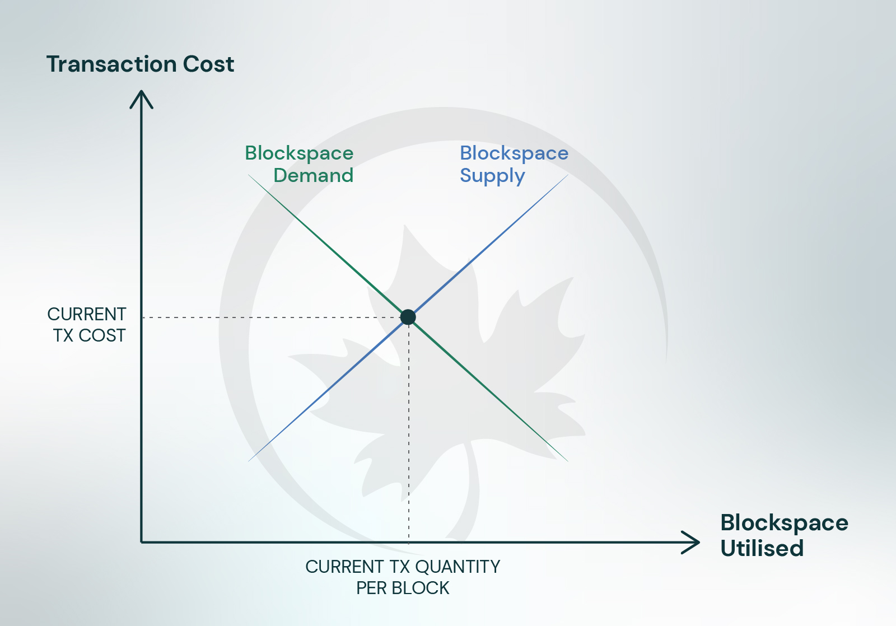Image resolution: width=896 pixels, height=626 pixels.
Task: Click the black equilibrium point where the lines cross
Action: tap(408, 317)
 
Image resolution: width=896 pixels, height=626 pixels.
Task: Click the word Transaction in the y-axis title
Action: tap(111, 64)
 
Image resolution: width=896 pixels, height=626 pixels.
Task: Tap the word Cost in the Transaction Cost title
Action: tap(208, 64)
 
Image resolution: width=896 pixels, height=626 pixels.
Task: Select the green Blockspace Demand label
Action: tap(299, 165)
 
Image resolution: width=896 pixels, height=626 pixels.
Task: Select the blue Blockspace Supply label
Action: tap(514, 165)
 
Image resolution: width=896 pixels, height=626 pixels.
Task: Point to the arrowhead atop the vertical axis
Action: tap(141, 99)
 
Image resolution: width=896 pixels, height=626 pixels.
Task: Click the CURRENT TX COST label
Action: tap(87, 325)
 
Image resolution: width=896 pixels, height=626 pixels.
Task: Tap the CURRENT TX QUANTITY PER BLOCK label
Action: tap(403, 577)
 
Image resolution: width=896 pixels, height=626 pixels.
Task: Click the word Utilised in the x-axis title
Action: tap(762, 548)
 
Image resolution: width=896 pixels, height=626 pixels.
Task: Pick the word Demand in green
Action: tap(313, 175)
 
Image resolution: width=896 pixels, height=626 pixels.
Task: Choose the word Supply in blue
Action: tap(492, 176)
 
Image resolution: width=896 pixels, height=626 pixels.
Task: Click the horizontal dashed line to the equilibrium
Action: tap(271, 317)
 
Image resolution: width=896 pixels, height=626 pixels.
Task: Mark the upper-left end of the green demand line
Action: tap(249, 175)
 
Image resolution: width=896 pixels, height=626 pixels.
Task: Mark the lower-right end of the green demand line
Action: tap(568, 461)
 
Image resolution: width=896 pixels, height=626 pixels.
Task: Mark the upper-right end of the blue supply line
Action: tap(568, 175)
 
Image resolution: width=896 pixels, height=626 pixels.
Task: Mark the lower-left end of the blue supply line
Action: tap(249, 461)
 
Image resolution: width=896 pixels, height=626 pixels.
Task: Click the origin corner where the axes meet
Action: tap(142, 543)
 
